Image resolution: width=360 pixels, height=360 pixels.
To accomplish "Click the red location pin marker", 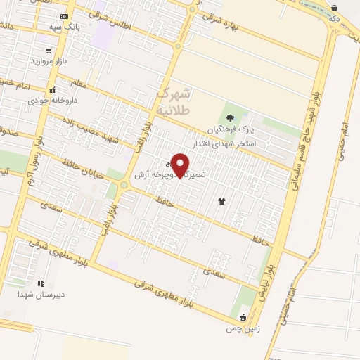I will point(181,165).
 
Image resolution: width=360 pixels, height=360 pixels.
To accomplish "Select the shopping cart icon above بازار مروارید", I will point(48,50).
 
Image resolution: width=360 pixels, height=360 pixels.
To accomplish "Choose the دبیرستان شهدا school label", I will point(41,294).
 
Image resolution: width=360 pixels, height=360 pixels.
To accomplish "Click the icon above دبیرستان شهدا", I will point(39,283).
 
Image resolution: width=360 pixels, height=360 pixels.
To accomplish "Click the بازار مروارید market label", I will point(47,60).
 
